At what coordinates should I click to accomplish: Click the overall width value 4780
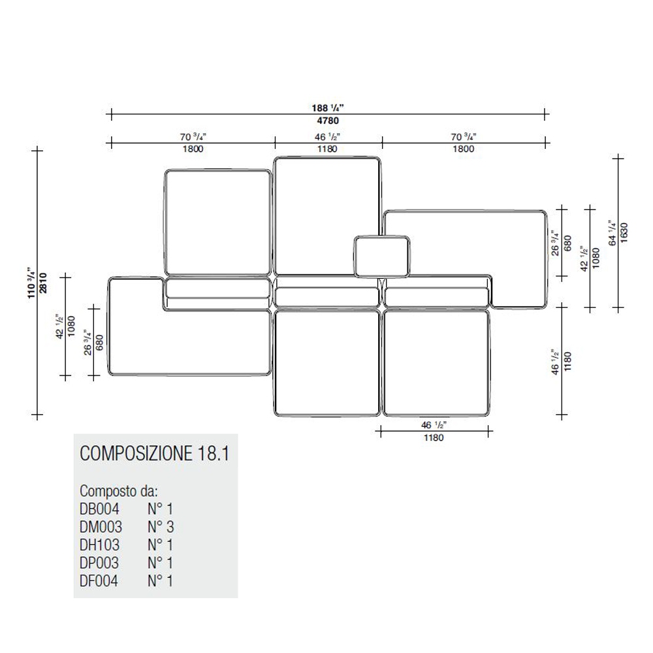tap(328, 121)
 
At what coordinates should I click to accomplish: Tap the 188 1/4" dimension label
tap(328, 108)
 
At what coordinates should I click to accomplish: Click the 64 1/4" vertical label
tap(612, 233)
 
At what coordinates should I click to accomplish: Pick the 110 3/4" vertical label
tap(31, 287)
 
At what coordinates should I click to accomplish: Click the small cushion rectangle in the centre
tap(383, 256)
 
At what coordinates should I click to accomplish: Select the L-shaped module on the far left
tap(137, 340)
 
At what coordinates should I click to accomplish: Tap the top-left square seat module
tap(217, 222)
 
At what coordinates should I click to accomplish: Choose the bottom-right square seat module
tap(436, 362)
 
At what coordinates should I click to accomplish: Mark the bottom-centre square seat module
tap(326, 362)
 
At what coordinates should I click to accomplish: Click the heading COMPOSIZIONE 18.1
tap(154, 454)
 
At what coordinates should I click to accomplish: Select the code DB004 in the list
tap(99, 509)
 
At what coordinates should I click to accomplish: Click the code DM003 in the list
tap(101, 526)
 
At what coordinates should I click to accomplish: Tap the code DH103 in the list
tap(100, 545)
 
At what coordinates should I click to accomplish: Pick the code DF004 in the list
tap(99, 581)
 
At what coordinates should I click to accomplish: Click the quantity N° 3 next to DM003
tap(160, 526)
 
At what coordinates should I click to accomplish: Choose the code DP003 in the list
tap(99, 562)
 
